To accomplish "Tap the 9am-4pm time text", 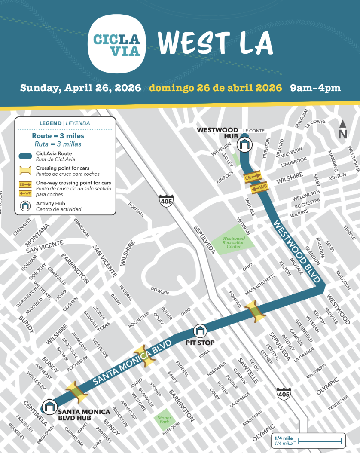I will point(315,88).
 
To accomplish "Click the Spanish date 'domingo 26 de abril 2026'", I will point(216,88).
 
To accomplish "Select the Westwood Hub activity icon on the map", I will point(244,145).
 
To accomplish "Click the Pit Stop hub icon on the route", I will point(200,331).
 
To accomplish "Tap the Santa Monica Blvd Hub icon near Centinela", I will point(50,406).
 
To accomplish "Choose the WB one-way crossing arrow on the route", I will point(259,187).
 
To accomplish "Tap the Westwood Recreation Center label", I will point(234,243).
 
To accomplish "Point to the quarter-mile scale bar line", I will point(320,441).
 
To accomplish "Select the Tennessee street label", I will point(339,404).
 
